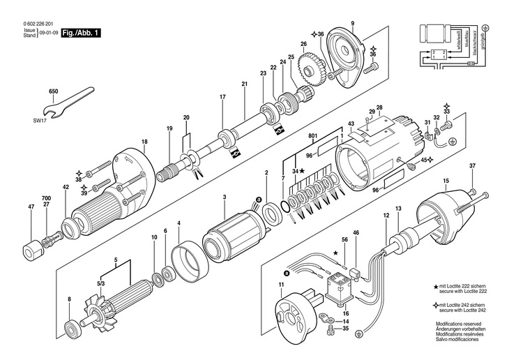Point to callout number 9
[353, 25]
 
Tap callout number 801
[313, 136]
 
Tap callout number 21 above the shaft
[245, 84]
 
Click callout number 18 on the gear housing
[144, 142]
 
